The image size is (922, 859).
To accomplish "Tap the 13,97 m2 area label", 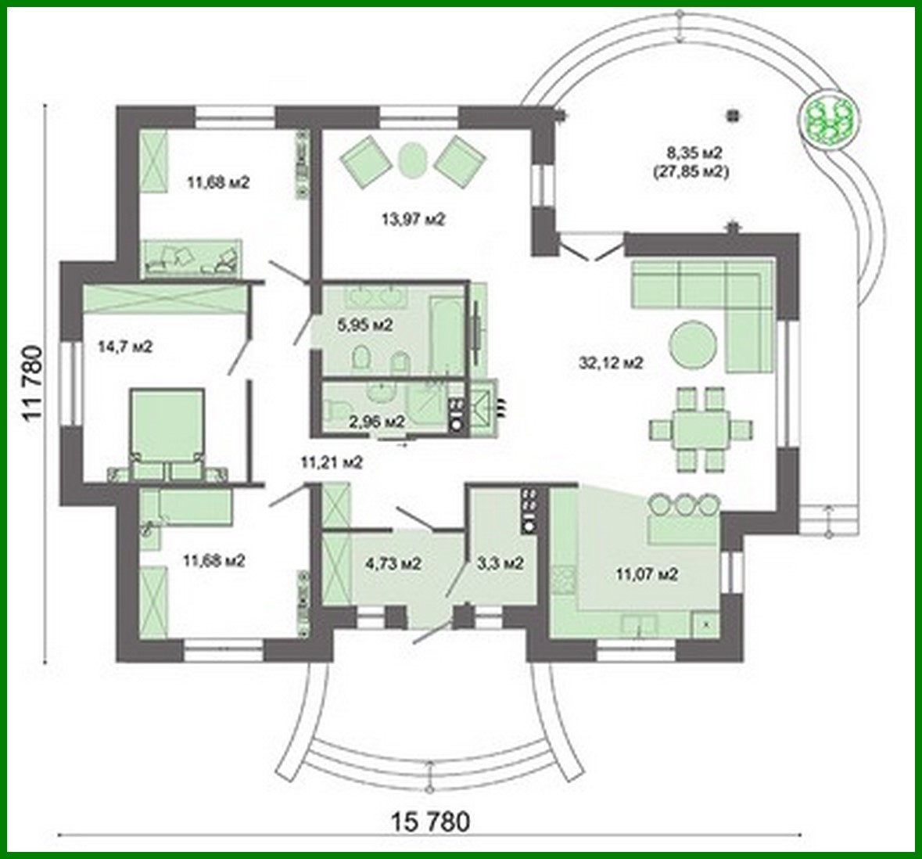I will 413,221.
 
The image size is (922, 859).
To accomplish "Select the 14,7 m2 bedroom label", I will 125,346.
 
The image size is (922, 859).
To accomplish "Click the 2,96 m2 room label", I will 377,422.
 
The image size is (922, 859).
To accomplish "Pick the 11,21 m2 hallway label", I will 332,462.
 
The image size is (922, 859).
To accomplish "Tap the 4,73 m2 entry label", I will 394,563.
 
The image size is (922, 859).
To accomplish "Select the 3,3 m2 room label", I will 500,563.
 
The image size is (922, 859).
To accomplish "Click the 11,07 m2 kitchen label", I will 646,575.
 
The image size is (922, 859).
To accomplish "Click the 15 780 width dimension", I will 431,822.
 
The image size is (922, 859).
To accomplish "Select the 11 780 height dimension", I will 33,383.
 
